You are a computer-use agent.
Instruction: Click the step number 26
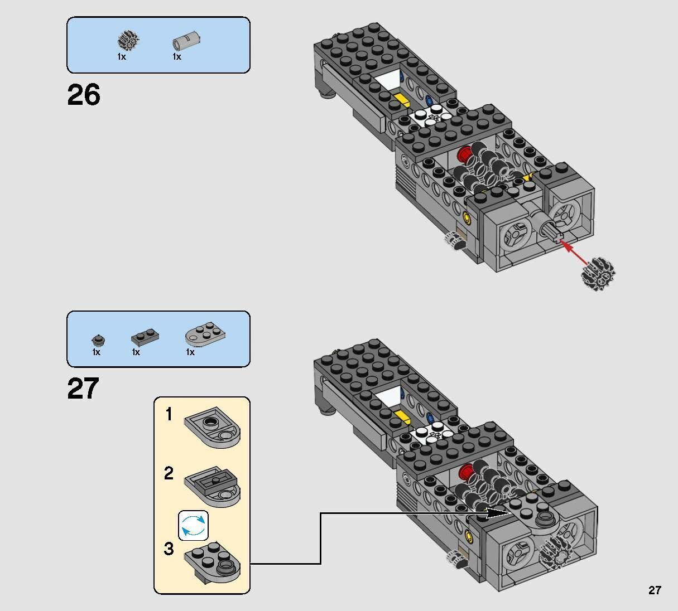click(84, 95)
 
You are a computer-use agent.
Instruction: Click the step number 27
click(83, 389)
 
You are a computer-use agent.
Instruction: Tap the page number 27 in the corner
click(655, 590)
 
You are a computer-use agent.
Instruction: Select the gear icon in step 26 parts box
click(128, 40)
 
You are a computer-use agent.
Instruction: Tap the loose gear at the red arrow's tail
click(598, 274)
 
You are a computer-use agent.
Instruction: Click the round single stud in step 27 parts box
click(98, 340)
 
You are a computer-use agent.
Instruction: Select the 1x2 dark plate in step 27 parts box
click(145, 337)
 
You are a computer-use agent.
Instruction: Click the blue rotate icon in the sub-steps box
click(193, 525)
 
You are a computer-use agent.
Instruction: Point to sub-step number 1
click(169, 415)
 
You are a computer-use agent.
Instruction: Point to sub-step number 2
click(169, 474)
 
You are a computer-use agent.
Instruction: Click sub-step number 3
click(169, 549)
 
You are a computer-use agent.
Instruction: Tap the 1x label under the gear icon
click(122, 57)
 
